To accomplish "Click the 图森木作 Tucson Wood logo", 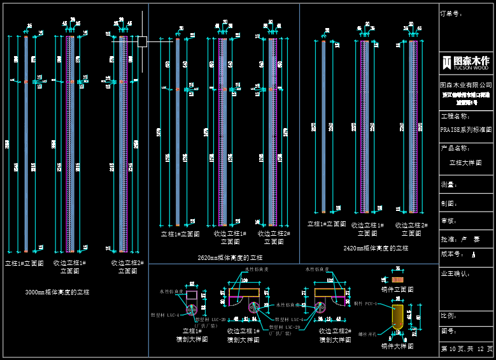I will click(x=467, y=62).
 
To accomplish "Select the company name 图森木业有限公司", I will click(x=466, y=85).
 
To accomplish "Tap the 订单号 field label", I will click(x=451, y=13).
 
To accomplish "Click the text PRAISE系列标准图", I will click(x=466, y=129).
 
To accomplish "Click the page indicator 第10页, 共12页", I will click(x=467, y=349).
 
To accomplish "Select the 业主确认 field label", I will click(x=455, y=273).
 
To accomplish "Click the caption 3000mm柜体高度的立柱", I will click(x=57, y=292).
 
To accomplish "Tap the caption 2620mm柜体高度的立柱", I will click(x=230, y=257).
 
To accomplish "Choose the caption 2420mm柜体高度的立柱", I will click(x=376, y=248).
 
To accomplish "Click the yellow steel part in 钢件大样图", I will click(x=398, y=317).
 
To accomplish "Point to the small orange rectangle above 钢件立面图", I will click(x=397, y=279).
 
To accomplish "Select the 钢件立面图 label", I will click(x=397, y=289).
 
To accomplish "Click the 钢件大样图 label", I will click(x=397, y=346).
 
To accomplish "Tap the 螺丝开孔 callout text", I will click(x=367, y=333).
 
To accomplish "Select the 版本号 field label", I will click(x=453, y=254).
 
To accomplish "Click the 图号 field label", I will click(x=448, y=331).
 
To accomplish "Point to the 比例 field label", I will click(x=448, y=315).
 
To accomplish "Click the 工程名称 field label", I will click(x=455, y=117).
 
